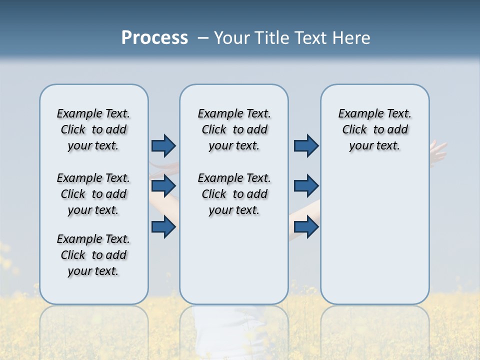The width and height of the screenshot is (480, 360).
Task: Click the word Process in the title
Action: pos(154,38)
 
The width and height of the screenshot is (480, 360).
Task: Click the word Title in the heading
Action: pos(269,38)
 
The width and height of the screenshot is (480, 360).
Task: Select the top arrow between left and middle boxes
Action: pos(163,145)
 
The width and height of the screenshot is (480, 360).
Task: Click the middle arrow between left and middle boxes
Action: pos(163,186)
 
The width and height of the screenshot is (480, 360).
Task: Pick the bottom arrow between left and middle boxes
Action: pos(163,227)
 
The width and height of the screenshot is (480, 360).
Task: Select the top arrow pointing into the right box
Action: pos(306,145)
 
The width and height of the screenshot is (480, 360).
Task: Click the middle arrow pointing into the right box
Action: pos(306,186)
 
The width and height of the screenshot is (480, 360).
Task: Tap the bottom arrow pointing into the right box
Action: pos(306,227)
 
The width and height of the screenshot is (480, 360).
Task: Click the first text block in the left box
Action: pos(93,129)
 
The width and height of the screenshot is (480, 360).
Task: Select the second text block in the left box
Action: pos(93,194)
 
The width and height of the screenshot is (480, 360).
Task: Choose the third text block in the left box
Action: pos(93,255)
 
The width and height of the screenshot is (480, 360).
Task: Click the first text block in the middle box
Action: pos(234,129)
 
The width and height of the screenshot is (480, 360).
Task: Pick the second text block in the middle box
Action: pos(234,194)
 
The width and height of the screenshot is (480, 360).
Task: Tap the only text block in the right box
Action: pos(374,129)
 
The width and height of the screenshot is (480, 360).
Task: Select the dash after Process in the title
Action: pos(203,38)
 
